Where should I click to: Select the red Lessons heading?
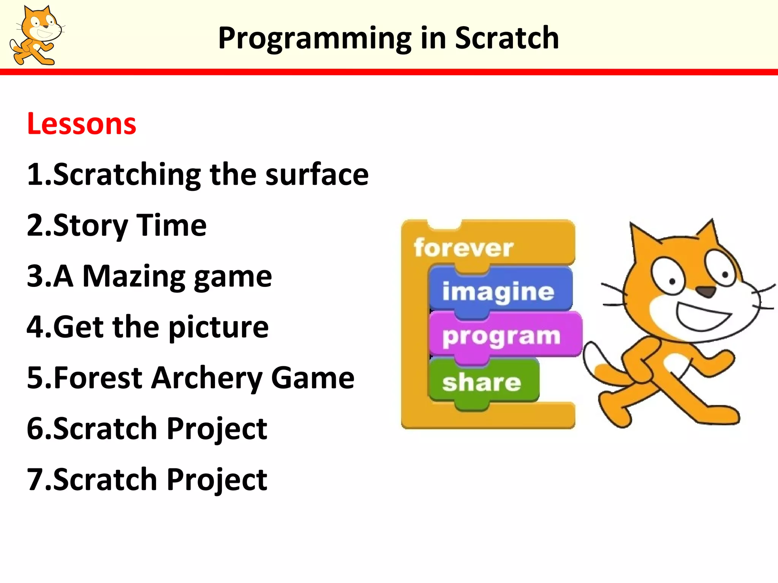[x=81, y=124]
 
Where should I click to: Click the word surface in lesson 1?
[x=317, y=175]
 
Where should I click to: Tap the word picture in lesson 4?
[x=218, y=327]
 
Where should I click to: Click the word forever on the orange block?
[x=463, y=248]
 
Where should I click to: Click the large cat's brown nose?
[x=706, y=291]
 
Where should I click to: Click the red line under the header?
[x=389, y=72]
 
